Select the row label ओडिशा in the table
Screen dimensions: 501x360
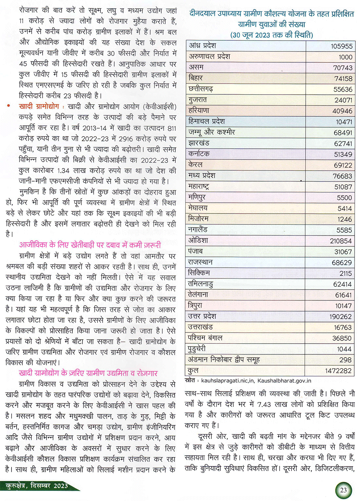[198, 240]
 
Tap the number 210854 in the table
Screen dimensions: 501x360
[341, 241]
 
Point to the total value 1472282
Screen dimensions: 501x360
[338, 371]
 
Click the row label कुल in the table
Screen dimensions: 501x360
[193, 370]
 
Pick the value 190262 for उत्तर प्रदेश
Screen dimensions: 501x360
[340, 317]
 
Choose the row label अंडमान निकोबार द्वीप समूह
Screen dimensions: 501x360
[224, 359]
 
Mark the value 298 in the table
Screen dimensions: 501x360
[345, 360]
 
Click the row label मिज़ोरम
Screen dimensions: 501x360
[198, 219]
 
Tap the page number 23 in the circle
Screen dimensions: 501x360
[343, 490]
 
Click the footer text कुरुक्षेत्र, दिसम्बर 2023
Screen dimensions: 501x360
[37, 486]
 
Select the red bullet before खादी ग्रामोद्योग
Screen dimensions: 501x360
[9, 107]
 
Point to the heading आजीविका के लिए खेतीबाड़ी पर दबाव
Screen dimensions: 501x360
[90, 245]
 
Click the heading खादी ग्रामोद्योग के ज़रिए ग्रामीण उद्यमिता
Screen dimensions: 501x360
[88, 373]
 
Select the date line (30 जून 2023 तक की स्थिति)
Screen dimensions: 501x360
[271, 35]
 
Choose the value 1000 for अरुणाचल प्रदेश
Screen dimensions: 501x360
[345, 57]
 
